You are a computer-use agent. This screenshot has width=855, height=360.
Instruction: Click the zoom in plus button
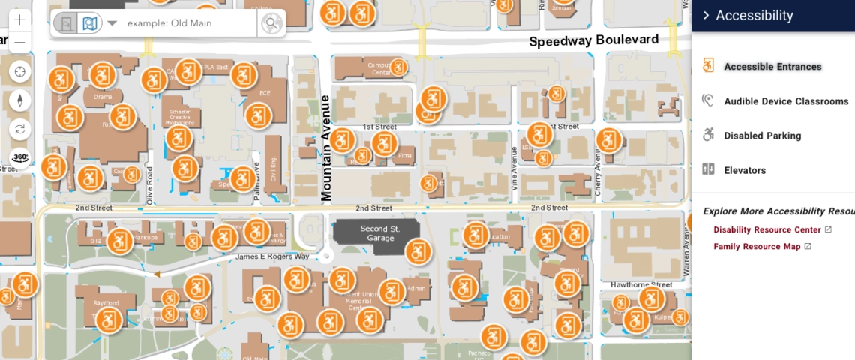click(x=19, y=20)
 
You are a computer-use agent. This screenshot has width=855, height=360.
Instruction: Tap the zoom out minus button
click(x=19, y=43)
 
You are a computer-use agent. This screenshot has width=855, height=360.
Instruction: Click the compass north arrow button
click(x=20, y=100)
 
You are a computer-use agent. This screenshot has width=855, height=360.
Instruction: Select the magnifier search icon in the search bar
click(x=271, y=23)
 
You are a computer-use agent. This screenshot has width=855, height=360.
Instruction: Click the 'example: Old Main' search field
click(x=187, y=23)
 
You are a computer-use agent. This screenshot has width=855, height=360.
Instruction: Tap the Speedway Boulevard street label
click(x=593, y=40)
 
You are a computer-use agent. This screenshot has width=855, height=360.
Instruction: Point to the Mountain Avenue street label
click(x=326, y=148)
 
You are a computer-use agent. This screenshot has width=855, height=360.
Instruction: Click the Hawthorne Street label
click(x=641, y=285)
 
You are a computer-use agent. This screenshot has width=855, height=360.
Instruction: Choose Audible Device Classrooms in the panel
click(x=785, y=101)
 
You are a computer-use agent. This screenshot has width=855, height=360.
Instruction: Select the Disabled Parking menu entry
click(x=762, y=136)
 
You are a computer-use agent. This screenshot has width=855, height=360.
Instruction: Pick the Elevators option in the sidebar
click(x=744, y=170)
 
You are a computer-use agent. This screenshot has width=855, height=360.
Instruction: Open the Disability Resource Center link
click(x=766, y=229)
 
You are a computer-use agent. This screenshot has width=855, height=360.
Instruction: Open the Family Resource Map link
click(x=756, y=246)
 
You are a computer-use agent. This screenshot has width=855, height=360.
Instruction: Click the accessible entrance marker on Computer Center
click(x=398, y=67)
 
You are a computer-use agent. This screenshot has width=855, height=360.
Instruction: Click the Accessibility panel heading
click(x=754, y=16)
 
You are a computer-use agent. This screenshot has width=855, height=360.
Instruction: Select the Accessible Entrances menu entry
click(x=772, y=67)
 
